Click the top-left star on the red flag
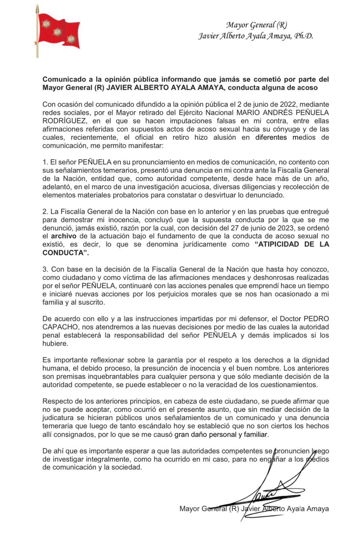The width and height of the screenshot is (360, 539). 46,24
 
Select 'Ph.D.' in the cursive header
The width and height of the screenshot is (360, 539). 304,36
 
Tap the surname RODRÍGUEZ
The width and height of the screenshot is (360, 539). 64,121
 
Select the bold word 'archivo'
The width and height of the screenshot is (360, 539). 64,236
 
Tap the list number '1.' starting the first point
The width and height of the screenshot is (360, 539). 46,162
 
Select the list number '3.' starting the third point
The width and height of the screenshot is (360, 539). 46,269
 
